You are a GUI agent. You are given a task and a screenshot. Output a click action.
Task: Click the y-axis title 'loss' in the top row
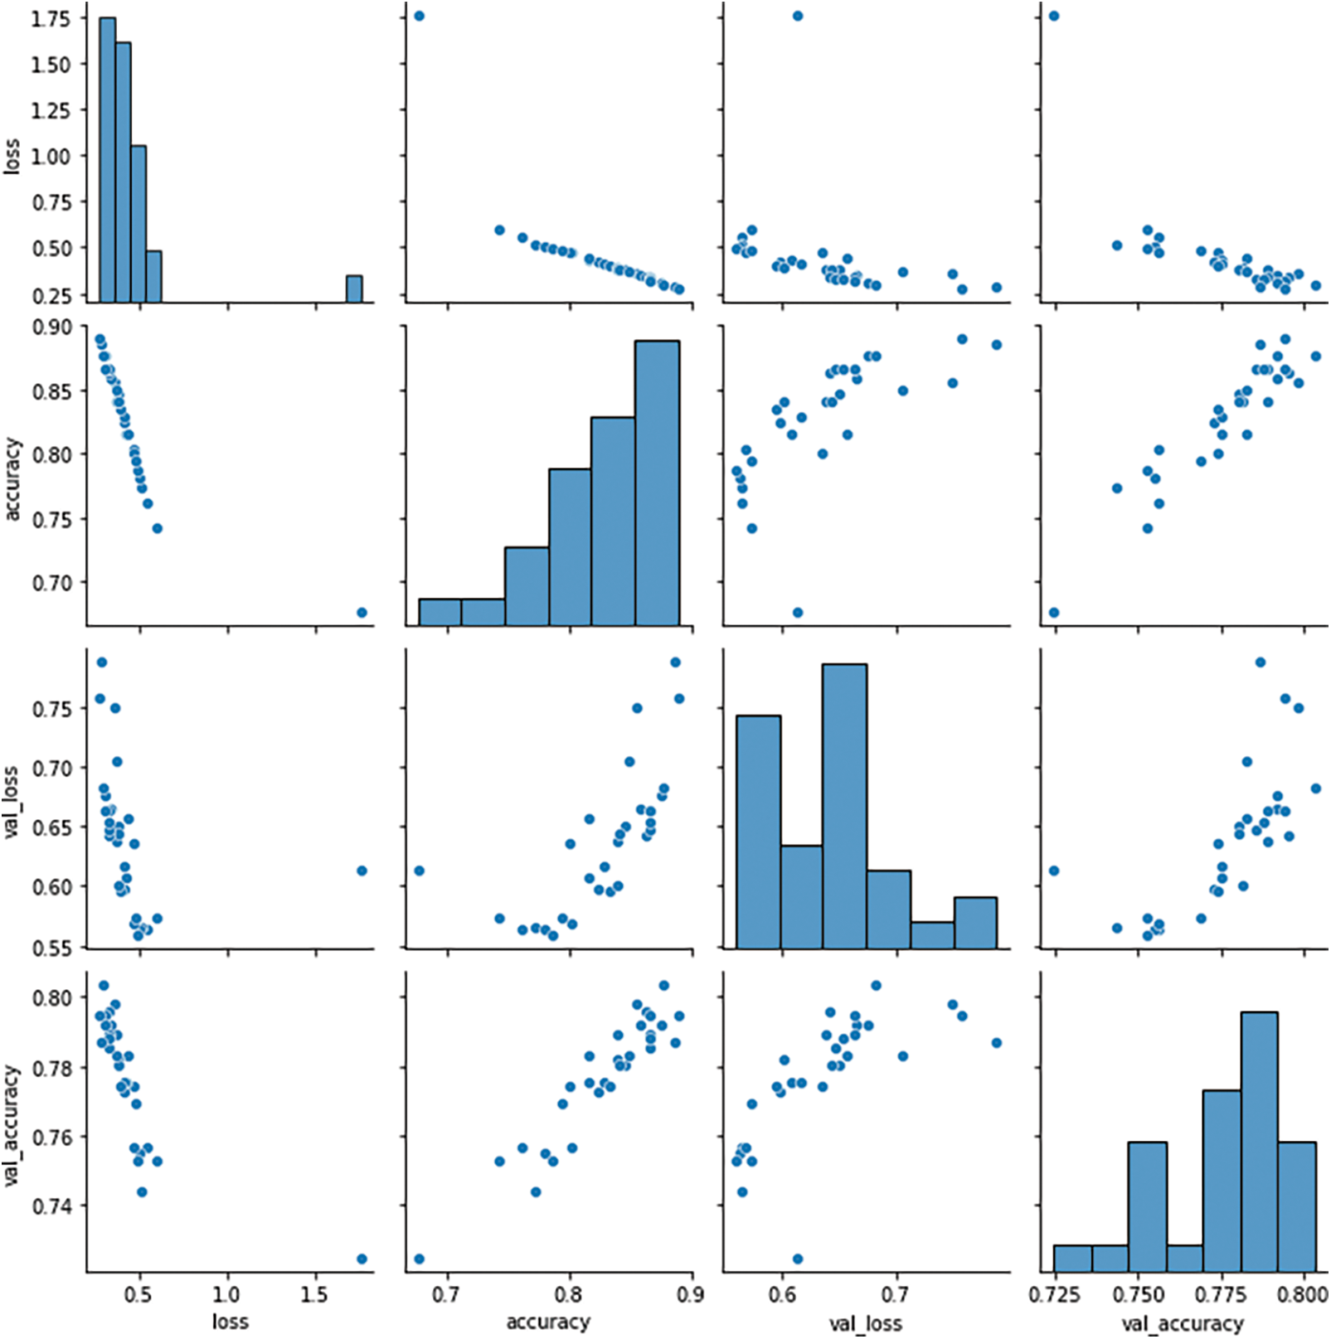[x=12, y=155]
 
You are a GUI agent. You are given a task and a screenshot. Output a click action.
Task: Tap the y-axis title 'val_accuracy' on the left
[x=12, y=1125]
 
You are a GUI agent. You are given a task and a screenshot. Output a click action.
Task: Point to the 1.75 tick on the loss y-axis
[x=50, y=18]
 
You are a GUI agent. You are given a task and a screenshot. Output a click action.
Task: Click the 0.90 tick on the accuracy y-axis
[x=50, y=327]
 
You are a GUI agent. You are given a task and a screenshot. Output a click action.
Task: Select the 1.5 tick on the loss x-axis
[x=314, y=1294]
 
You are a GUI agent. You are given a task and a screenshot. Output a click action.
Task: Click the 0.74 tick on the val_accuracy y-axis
[x=50, y=1205]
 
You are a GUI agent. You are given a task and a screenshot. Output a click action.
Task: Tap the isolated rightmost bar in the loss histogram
[x=354, y=289]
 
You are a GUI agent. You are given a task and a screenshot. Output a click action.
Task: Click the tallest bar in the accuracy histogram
[x=657, y=481]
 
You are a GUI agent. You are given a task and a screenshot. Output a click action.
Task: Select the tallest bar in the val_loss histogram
[x=844, y=804]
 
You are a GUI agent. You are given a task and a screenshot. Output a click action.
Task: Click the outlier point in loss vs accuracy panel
[x=419, y=16]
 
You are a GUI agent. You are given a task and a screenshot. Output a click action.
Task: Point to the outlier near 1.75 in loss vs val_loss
[x=797, y=16]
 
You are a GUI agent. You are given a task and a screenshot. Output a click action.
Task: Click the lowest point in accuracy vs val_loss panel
[x=797, y=613]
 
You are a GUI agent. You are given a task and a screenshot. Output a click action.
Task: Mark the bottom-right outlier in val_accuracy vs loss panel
[x=362, y=1259]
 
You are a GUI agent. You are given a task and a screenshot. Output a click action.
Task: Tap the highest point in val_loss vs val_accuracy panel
[x=1260, y=662]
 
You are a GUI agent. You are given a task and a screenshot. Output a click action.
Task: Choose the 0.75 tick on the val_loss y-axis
[x=50, y=708]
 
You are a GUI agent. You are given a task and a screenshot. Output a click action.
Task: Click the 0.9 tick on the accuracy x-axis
[x=691, y=1294]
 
